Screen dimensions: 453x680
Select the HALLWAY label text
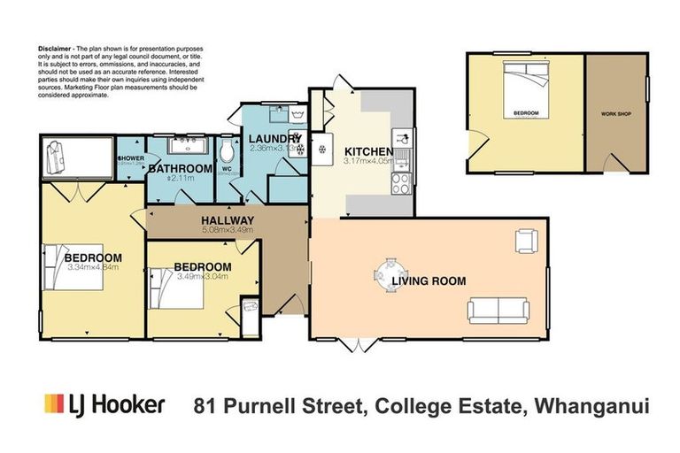pyautogui.click(x=228, y=220)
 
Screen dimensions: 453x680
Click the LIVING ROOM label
pyautogui.click(x=430, y=281)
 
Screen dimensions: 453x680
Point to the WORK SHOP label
pyautogui.click(x=615, y=115)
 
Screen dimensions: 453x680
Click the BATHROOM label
pyautogui.click(x=180, y=168)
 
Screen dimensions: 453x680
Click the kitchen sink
pyautogui.click(x=403, y=138)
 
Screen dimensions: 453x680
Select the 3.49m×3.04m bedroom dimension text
pyautogui.click(x=203, y=276)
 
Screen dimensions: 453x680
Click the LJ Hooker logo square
pyautogui.click(x=54, y=404)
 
